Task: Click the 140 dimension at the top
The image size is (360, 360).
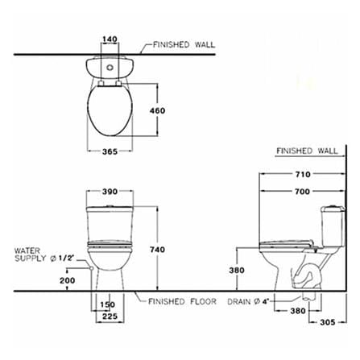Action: tap(110, 39)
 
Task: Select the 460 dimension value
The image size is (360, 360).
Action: tap(157, 110)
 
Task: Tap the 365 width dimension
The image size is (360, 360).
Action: tap(110, 151)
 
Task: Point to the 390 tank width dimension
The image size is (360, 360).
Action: tap(110, 192)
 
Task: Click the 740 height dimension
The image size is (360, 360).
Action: tap(157, 250)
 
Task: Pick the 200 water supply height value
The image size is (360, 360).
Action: tap(68, 280)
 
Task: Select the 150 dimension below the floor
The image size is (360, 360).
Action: tap(108, 304)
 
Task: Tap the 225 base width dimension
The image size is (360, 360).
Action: tap(110, 317)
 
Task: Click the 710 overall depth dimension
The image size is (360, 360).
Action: tap(303, 175)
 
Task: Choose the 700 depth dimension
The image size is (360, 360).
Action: tap(303, 192)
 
